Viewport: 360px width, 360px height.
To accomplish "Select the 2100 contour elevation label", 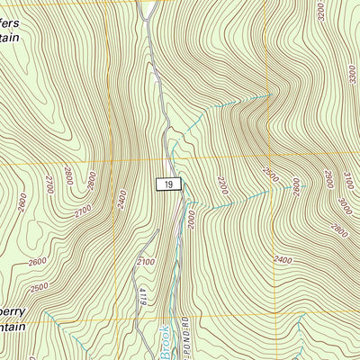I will point(147,261).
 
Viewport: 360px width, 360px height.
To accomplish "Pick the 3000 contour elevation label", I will point(343,205).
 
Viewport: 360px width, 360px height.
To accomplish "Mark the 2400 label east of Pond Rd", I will point(283,260).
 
